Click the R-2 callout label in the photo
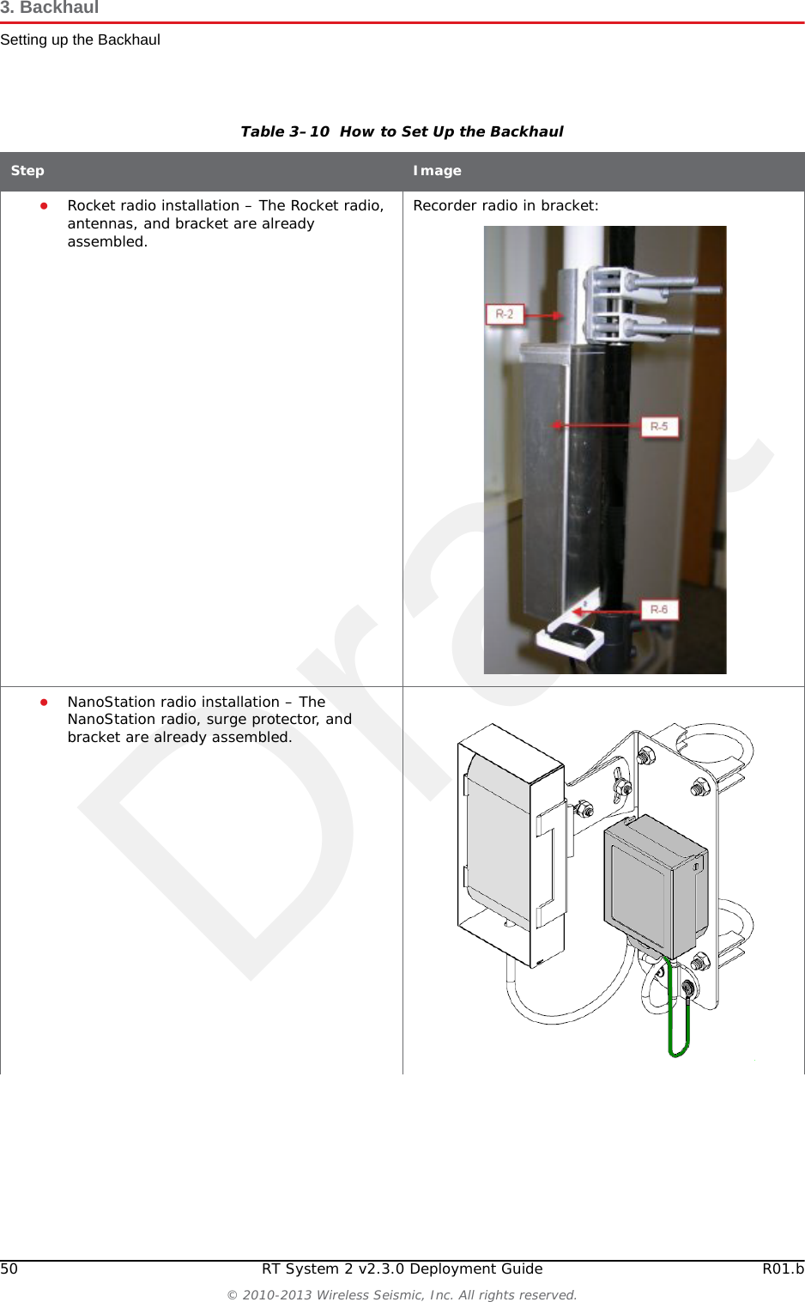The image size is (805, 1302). pyautogui.click(x=504, y=314)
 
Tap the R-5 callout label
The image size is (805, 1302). pyautogui.click(x=659, y=426)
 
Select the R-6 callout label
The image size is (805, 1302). pyautogui.click(x=659, y=610)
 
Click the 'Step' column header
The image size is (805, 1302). pyautogui.click(x=27, y=171)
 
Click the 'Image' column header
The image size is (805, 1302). pyautogui.click(x=437, y=171)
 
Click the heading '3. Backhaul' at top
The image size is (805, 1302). pyautogui.click(x=50, y=9)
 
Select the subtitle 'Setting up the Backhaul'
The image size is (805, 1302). pyautogui.click(x=80, y=40)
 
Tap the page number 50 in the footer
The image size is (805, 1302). pyautogui.click(x=9, y=1269)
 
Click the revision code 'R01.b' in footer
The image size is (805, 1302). pyautogui.click(x=783, y=1269)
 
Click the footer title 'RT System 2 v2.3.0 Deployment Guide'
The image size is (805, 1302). pyautogui.click(x=402, y=1269)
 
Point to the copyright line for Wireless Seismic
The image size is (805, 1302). pyautogui.click(x=402, y=1294)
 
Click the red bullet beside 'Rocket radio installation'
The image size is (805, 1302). pyautogui.click(x=43, y=206)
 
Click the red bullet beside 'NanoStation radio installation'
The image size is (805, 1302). pyautogui.click(x=43, y=702)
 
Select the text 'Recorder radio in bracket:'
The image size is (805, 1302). pyautogui.click(x=505, y=206)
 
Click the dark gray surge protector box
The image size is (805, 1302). pyautogui.click(x=654, y=885)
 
